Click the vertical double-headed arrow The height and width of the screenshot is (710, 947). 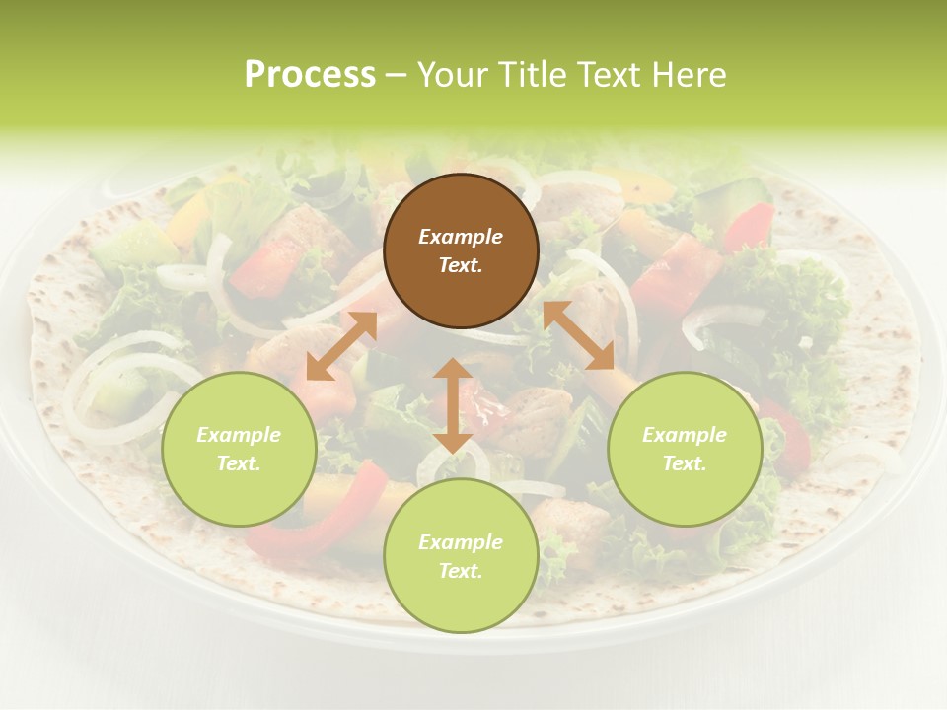pyautogui.click(x=453, y=405)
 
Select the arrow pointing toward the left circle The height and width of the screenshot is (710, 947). pyautogui.click(x=341, y=346)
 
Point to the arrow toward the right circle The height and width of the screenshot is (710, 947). pyautogui.click(x=578, y=335)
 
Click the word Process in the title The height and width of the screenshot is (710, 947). pyautogui.click(x=310, y=74)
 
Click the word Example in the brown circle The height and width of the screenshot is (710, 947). pyautogui.click(x=461, y=237)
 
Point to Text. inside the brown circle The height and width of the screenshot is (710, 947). pyautogui.click(x=461, y=265)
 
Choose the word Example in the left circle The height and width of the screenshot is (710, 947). pyautogui.click(x=239, y=435)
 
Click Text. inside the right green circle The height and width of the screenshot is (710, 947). pyautogui.click(x=685, y=463)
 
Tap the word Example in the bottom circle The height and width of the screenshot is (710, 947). pyautogui.click(x=461, y=542)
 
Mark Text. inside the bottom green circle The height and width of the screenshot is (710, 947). pyautogui.click(x=461, y=571)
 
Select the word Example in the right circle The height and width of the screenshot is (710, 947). pyautogui.click(x=685, y=435)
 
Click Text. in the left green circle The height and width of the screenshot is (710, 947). pyautogui.click(x=239, y=463)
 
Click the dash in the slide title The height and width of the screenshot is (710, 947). pyautogui.click(x=397, y=74)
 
